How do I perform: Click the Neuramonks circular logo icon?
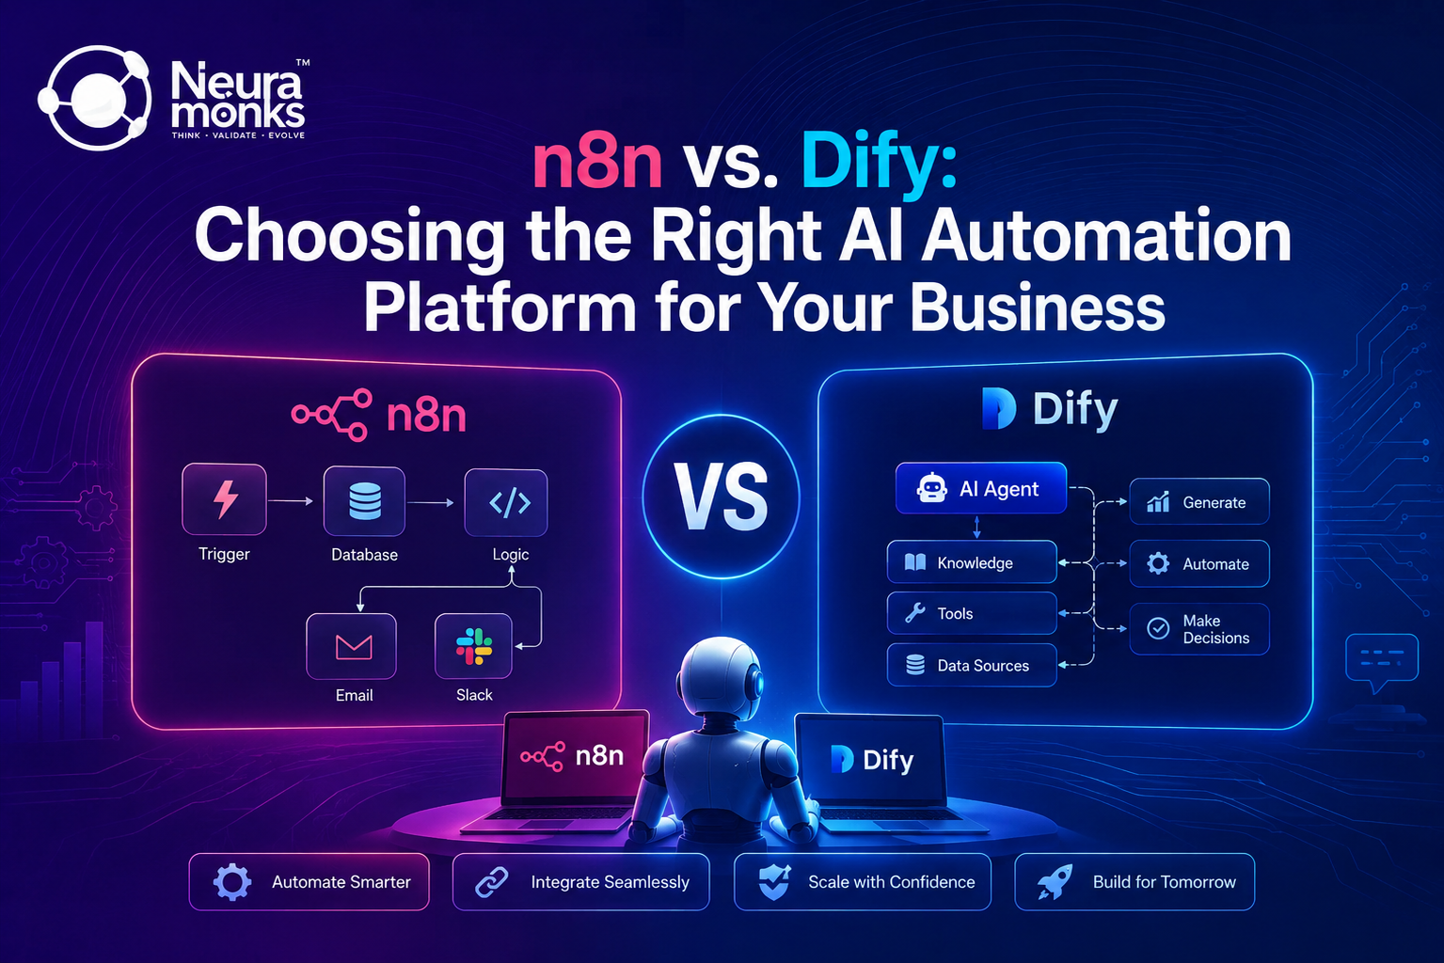[x=95, y=98]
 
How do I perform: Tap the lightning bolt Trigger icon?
[x=224, y=499]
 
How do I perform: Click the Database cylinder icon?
[x=364, y=501]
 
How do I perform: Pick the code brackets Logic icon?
[x=506, y=503]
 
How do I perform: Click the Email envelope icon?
[x=351, y=646]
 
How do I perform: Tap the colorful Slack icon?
[x=474, y=646]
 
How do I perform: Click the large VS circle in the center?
[x=722, y=497]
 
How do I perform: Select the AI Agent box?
[x=980, y=488]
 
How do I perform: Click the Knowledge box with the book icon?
[x=972, y=562]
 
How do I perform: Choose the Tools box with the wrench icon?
[x=972, y=613]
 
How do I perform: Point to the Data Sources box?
[x=972, y=665]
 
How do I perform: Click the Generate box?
[x=1199, y=501]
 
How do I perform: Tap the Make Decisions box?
[x=1199, y=629]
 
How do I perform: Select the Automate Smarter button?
[x=309, y=882]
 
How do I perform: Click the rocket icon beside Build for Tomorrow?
[x=1055, y=882]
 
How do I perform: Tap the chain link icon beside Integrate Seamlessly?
[x=492, y=882]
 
